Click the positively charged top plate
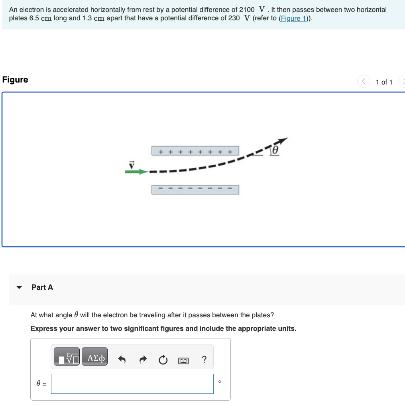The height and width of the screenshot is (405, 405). [x=195, y=151]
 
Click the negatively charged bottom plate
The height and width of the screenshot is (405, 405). [x=195, y=190]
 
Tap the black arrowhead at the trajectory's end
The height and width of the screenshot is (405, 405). [x=282, y=141]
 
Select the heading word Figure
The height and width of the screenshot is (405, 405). [x=15, y=80]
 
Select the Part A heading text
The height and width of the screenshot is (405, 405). [x=42, y=287]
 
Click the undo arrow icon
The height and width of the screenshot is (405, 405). [x=122, y=360]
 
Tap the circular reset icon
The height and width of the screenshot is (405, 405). [x=163, y=360]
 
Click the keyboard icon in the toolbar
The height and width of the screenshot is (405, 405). [x=183, y=360]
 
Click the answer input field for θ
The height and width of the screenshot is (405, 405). [x=132, y=384]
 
